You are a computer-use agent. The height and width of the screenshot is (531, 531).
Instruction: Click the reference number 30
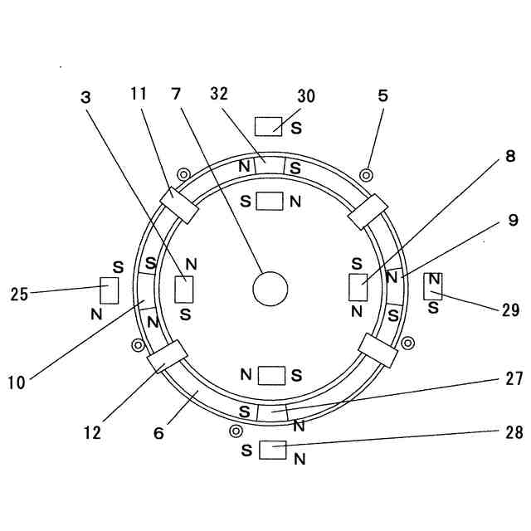[306, 96]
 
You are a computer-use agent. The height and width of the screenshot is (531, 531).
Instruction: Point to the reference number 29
[510, 310]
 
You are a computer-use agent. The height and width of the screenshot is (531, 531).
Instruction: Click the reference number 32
[219, 95]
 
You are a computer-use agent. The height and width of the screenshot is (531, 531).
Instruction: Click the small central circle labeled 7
[270, 289]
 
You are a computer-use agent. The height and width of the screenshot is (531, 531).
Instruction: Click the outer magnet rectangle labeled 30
[269, 126]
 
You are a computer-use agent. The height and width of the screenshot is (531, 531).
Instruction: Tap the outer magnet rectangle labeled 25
[109, 290]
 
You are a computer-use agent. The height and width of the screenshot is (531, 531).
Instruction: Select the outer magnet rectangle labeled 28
[272, 450]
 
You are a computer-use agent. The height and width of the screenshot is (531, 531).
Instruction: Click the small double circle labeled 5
[365, 175]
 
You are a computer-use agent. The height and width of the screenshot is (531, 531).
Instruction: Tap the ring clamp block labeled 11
[178, 206]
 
